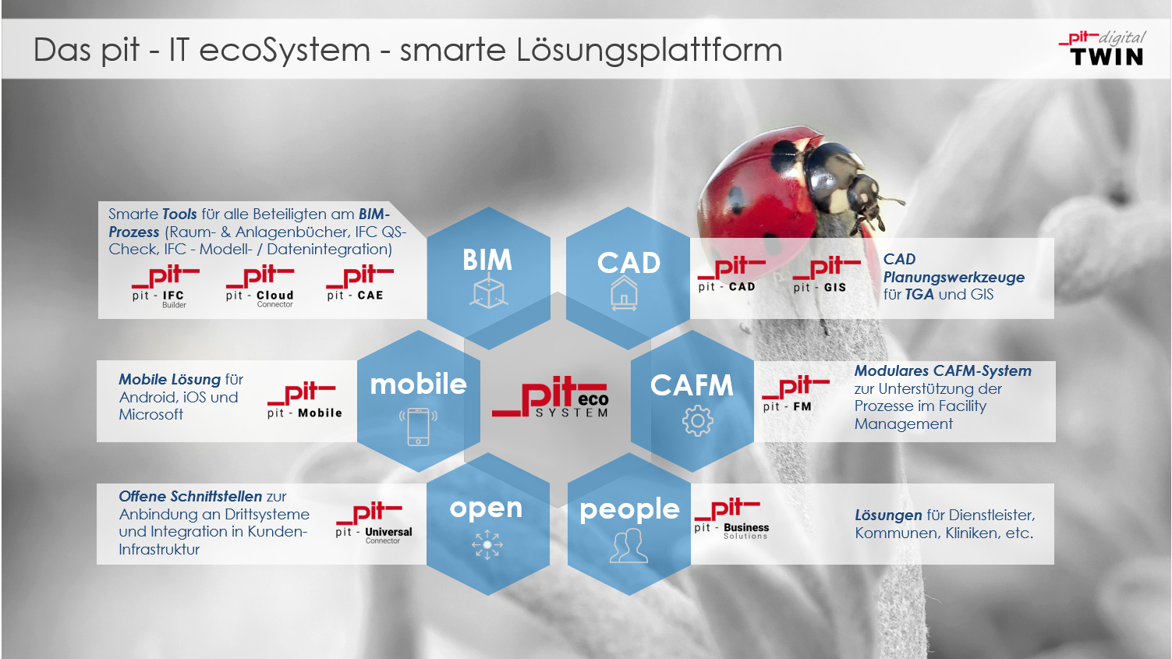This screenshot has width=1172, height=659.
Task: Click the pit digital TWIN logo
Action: (1103, 48)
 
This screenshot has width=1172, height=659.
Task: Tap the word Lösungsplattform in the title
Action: (649, 51)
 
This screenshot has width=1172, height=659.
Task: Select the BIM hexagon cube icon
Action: (489, 292)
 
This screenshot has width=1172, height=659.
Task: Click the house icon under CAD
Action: (624, 293)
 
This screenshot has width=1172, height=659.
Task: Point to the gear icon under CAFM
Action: (697, 420)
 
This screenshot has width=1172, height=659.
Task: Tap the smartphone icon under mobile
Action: (418, 427)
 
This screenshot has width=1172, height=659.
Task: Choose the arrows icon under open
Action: (487, 544)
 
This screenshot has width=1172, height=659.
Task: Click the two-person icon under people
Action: (629, 545)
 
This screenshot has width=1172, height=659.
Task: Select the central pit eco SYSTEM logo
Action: (550, 398)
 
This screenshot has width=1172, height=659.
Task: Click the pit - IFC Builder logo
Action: (165, 287)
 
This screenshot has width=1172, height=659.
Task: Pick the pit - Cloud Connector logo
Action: (260, 287)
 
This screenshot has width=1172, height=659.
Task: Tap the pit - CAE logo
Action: (359, 284)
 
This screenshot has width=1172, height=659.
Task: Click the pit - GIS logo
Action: (826, 275)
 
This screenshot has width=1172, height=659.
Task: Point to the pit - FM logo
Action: (795, 394)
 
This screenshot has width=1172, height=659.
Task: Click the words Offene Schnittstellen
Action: (190, 496)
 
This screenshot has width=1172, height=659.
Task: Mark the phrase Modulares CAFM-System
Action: (943, 371)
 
